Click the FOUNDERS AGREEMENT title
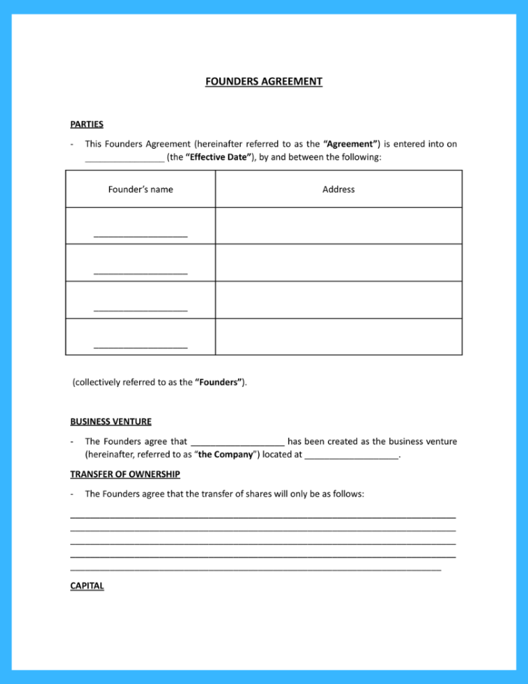point(264,82)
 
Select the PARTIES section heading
point(87,124)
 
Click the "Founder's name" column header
point(141,189)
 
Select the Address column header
point(339,189)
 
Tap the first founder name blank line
point(141,236)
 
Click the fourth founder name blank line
point(141,347)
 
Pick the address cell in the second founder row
point(339,263)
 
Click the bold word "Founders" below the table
point(220,382)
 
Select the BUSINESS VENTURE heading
point(111,421)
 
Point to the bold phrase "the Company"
point(226,455)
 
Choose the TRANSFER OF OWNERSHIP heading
point(125,474)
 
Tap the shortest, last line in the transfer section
point(256,570)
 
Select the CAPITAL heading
point(87,586)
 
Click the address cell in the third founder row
point(339,300)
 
